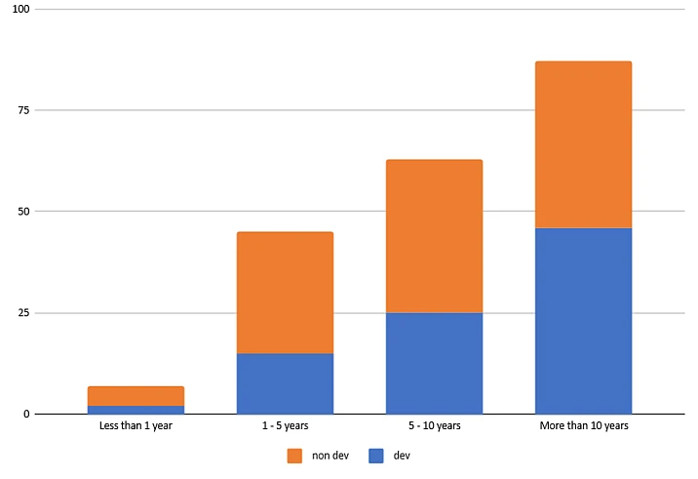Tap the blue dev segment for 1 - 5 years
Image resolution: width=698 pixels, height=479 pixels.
point(285,383)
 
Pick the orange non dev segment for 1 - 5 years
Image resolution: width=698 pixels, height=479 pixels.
point(285,293)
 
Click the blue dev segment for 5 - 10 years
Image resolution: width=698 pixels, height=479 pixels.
point(434,363)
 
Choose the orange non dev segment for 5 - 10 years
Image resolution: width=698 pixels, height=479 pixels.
point(434,236)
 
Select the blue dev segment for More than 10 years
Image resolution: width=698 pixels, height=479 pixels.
point(583,321)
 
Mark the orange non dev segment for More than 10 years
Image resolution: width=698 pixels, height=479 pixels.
point(583,144)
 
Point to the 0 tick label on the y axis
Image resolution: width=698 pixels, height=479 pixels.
point(27,415)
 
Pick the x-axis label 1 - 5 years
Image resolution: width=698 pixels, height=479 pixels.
point(285,426)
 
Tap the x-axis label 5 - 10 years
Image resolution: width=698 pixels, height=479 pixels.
point(434,426)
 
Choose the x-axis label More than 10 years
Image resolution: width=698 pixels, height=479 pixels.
point(583,426)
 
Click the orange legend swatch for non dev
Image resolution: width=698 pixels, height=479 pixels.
point(294,455)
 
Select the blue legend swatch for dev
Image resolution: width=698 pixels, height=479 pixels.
point(377,455)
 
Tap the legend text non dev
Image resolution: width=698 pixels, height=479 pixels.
point(330,455)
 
